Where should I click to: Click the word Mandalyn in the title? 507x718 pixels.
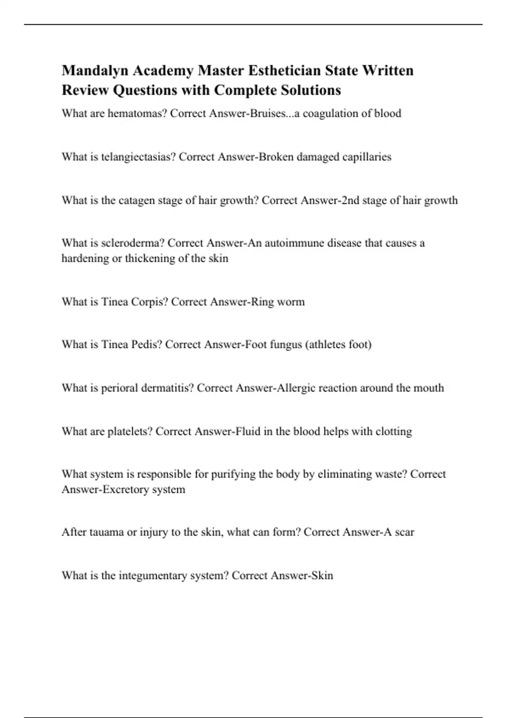tap(95, 71)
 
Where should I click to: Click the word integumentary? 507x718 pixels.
tap(153, 576)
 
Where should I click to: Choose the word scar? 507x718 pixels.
tap(404, 532)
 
